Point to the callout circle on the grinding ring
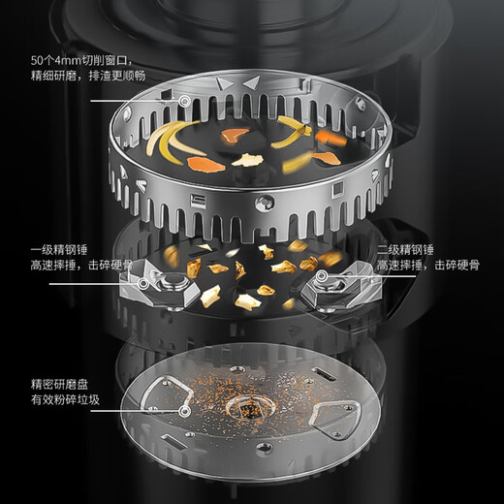184,101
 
